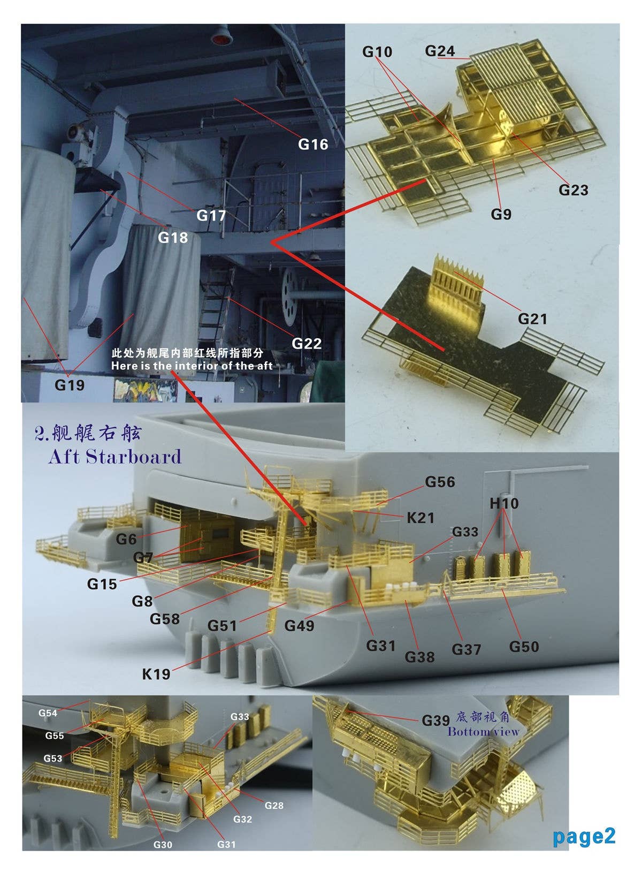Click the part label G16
pos(313,144)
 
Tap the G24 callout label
pos(440,51)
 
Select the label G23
pos(573,190)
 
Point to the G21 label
pos(532,319)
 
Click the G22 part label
pos(307,344)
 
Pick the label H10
pos(504,504)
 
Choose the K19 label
pos(156,674)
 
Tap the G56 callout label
pos(440,482)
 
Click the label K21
pos(421,518)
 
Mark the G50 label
pos(524,647)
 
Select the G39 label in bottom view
pos(435,721)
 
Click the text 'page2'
pos(584,836)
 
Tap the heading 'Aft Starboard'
pos(115,457)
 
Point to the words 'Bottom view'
pos(483,732)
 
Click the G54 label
pos(48,713)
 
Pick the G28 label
pos(274,805)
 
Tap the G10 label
pos(377,52)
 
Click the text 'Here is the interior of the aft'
pos(192,366)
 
